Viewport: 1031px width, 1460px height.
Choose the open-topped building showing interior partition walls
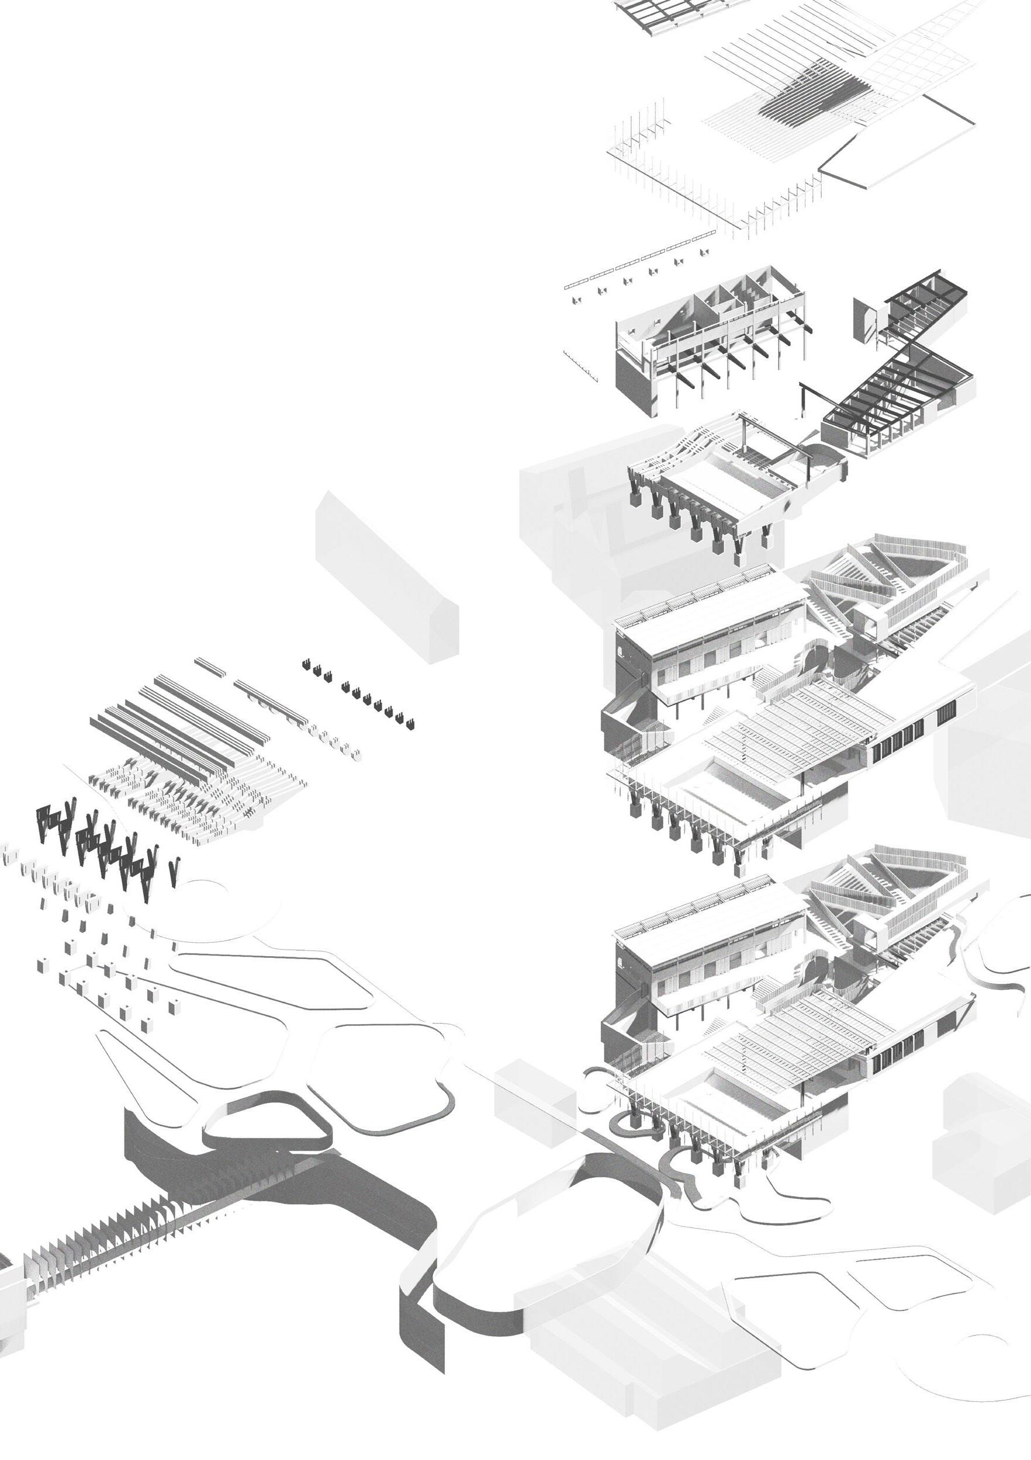pos(706,331)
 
